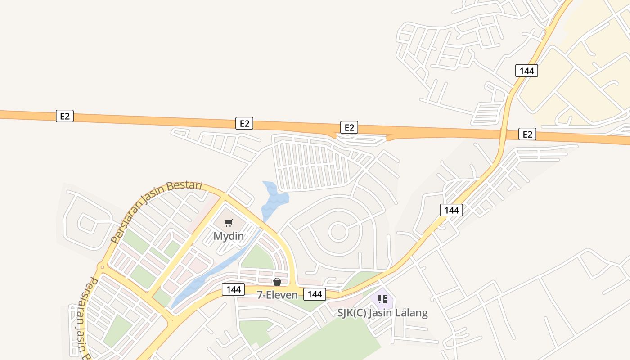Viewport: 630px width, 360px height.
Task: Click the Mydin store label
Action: [229, 236]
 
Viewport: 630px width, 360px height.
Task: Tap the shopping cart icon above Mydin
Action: [229, 223]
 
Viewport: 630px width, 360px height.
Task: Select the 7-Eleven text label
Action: [277, 295]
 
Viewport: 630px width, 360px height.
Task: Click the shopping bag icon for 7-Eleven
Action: [277, 282]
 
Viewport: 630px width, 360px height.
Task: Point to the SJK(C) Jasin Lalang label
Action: [382, 313]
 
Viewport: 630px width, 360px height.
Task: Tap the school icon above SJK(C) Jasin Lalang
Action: [382, 299]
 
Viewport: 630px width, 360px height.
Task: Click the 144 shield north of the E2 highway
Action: [526, 71]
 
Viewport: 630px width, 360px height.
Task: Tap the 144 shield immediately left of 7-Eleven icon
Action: [234, 289]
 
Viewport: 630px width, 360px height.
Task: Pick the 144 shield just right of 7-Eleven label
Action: [315, 294]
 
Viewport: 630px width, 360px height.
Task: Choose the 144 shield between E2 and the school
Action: [451, 210]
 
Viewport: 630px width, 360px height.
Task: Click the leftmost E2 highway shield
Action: [65, 116]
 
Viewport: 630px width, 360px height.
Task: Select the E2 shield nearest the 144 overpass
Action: [527, 134]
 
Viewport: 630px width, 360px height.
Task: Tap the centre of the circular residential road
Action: [337, 232]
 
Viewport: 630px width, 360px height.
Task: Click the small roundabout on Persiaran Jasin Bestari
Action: [102, 267]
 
